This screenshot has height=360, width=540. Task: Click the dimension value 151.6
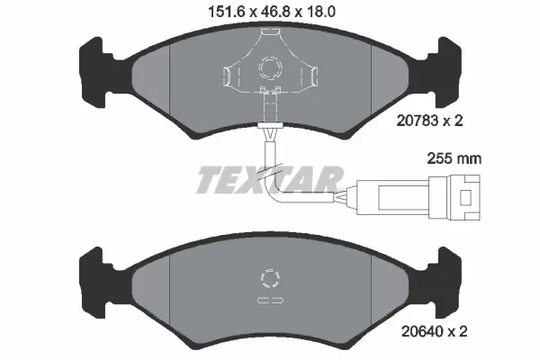coord(223,13)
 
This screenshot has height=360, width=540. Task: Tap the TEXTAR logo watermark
coord(269,179)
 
